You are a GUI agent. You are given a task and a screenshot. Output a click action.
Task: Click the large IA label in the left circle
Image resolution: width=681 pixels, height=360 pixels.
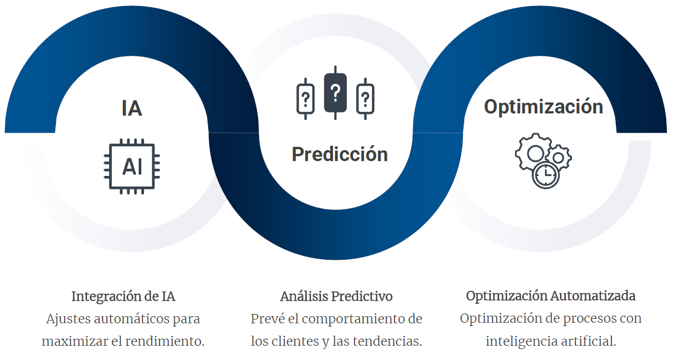(x=131, y=108)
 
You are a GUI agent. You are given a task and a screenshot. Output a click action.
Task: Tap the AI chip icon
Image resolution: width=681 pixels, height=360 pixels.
(x=132, y=167)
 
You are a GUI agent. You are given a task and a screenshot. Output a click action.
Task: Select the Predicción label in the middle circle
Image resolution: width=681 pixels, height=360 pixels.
(x=340, y=154)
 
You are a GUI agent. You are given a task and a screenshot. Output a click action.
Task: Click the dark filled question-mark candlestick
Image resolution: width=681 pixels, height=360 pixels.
(x=335, y=93)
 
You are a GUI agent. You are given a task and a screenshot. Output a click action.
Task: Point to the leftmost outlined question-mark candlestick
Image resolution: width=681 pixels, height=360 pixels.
(x=305, y=99)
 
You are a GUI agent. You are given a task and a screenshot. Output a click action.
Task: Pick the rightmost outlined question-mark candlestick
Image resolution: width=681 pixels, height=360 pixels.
(x=365, y=99)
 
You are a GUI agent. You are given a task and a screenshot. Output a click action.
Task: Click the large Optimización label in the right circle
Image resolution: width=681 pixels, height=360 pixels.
(x=543, y=107)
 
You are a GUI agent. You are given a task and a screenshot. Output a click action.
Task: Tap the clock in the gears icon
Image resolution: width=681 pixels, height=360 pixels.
(x=546, y=175)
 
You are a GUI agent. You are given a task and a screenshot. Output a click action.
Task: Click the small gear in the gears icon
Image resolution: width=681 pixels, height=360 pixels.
(x=559, y=157)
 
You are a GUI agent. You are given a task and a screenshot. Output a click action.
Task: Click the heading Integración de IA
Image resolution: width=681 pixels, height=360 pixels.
(x=123, y=296)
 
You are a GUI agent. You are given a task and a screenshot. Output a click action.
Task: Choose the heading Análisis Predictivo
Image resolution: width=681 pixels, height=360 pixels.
(x=336, y=296)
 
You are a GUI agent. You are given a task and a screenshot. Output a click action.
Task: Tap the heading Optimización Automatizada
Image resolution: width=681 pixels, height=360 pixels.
(x=551, y=296)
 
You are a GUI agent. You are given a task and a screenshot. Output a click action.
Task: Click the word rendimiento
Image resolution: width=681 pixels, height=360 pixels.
(x=165, y=341)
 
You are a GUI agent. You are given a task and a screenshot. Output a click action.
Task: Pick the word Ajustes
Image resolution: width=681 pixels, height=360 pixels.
(x=68, y=319)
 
